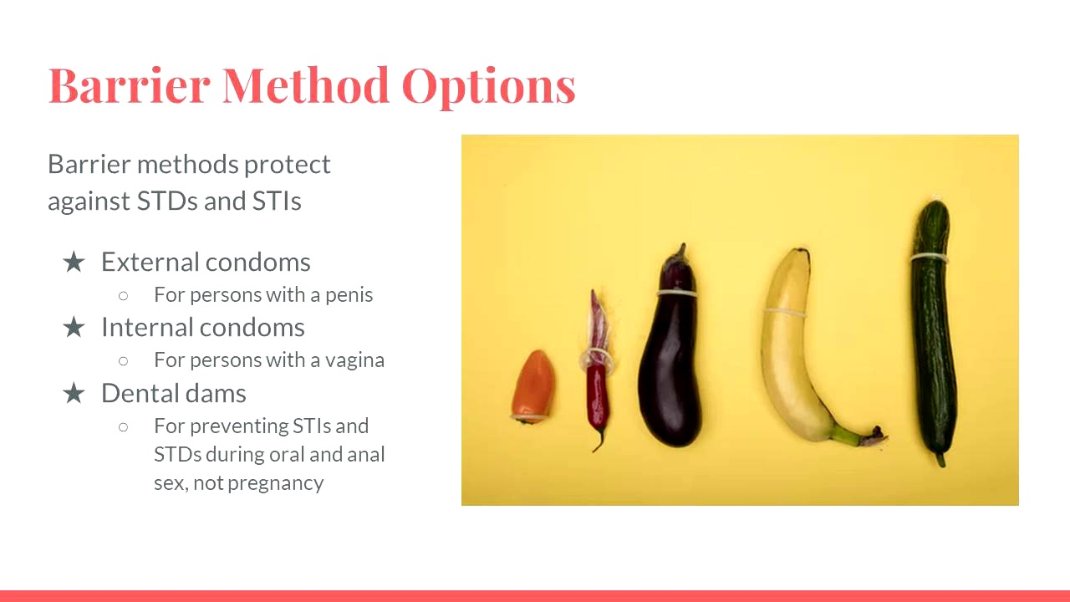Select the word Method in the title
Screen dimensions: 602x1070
click(306, 84)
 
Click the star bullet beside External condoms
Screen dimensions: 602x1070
click(74, 263)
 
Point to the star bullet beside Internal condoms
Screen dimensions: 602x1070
click(74, 328)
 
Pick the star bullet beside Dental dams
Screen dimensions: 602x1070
click(74, 393)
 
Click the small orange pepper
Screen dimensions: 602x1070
click(532, 387)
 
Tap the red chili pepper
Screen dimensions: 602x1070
click(597, 376)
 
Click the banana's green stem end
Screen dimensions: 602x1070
click(861, 436)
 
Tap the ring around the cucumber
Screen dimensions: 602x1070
click(930, 257)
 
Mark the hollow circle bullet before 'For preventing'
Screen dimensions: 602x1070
click(124, 426)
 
